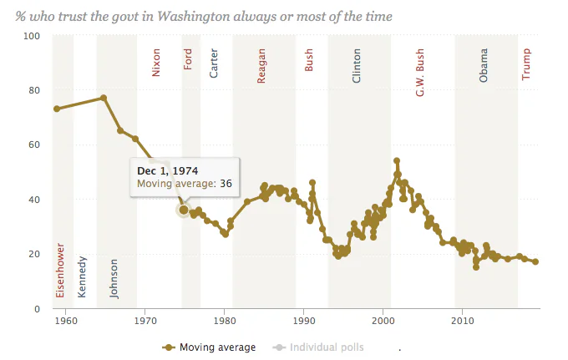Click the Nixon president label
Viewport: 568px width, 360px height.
[155, 63]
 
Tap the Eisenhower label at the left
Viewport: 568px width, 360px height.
[60, 270]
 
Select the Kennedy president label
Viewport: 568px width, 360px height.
[82, 276]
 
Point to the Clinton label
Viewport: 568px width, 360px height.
[357, 65]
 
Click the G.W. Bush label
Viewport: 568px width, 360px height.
[419, 73]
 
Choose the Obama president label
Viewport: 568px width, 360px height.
[484, 65]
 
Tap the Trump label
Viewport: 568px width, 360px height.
[526, 64]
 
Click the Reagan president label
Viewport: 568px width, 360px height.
[261, 66]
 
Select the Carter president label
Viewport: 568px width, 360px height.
[214, 63]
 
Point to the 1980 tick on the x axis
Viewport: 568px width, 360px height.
[224, 321]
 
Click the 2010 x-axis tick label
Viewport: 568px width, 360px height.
[462, 321]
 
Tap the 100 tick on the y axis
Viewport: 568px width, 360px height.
[32, 36]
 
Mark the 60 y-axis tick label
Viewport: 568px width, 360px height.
[34, 145]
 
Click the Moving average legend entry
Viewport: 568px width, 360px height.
[209, 347]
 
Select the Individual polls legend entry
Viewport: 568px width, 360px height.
[318, 347]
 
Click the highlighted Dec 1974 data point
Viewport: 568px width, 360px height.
[184, 210]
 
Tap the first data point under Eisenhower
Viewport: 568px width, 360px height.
[57, 109]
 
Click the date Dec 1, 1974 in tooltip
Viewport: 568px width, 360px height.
[168, 171]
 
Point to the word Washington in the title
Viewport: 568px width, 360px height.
[193, 17]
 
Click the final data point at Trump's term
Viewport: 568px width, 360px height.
[535, 261]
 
